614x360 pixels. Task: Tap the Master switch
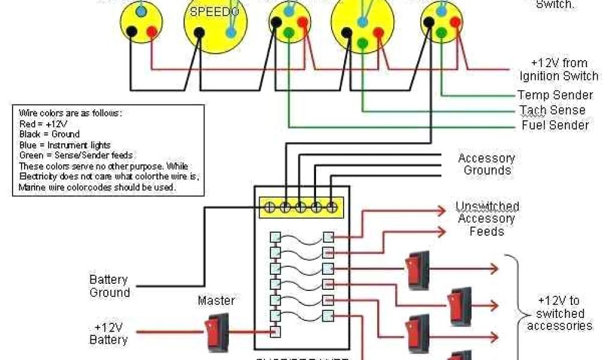coord(216,331)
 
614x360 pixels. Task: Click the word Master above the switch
coord(216,301)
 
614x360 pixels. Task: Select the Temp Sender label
coord(555,95)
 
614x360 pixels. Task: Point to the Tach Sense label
coord(552,110)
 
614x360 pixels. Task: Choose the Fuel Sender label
coord(555,125)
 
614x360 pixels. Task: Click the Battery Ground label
coord(110,286)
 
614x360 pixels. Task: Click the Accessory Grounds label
coord(486,164)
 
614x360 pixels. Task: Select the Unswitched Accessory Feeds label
coord(487,218)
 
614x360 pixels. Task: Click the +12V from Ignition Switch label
coord(559,70)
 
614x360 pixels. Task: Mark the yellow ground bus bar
coord(300,207)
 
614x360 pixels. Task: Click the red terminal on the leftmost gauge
coord(152,31)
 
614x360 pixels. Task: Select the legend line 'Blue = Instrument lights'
coord(65,145)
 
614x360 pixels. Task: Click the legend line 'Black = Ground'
coord(49,134)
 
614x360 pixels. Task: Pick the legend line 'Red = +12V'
coord(44,124)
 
